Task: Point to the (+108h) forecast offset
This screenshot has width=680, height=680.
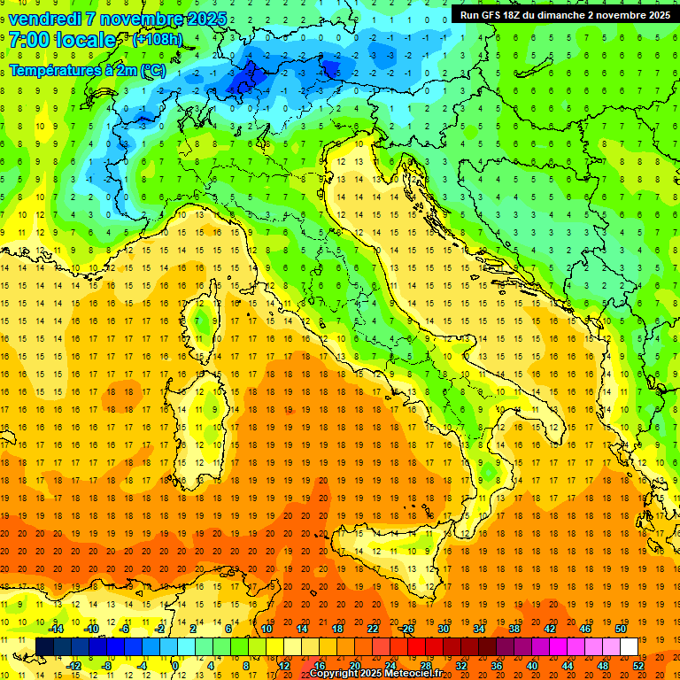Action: tap(158, 41)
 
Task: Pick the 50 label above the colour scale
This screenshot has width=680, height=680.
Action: tap(620, 629)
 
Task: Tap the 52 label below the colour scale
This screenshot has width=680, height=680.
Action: tap(637, 665)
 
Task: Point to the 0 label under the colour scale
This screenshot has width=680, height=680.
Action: tap(175, 665)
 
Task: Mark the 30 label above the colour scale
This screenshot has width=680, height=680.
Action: tap(443, 629)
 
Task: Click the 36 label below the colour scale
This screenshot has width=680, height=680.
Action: tap(496, 665)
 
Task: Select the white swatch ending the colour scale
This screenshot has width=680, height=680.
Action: tap(629, 646)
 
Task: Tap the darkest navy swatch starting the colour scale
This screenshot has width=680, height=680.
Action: tap(44, 646)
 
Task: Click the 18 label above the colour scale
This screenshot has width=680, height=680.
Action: tap(336, 629)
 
